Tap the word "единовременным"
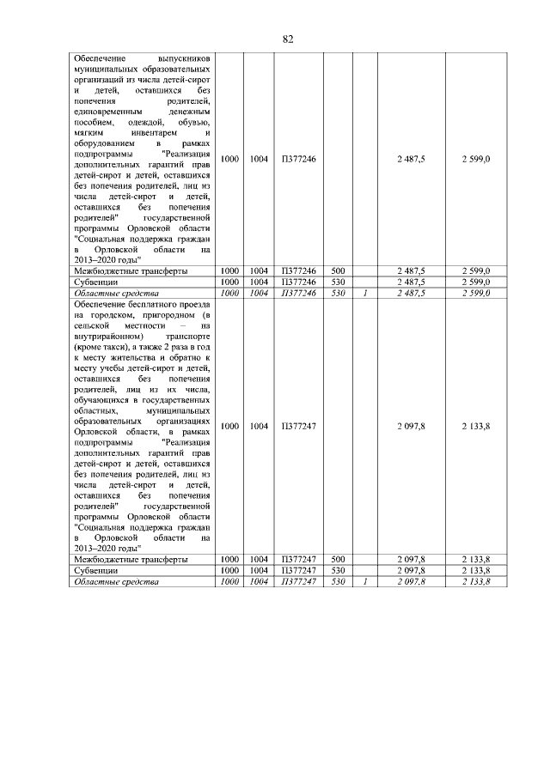pyautogui.click(x=107, y=112)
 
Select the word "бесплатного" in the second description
pyautogui.click(x=151, y=304)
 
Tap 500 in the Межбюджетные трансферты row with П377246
pyautogui.click(x=338, y=271)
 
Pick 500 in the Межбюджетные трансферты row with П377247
pyautogui.click(x=338, y=560)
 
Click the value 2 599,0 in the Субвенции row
pyautogui.click(x=474, y=282)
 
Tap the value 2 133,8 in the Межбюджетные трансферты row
pyautogui.click(x=474, y=560)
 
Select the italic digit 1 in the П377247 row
pyautogui.click(x=365, y=582)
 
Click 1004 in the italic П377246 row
pyautogui.click(x=259, y=294)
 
